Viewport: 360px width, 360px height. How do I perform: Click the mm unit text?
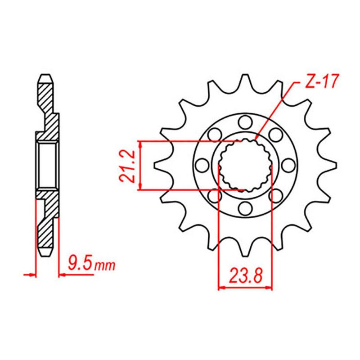click(104, 265)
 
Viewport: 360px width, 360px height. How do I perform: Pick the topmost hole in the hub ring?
click(245, 121)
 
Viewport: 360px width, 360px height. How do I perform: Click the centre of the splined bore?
click(245, 165)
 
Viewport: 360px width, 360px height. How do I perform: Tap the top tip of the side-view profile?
click(46, 76)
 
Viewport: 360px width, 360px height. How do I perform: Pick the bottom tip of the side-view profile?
click(46, 254)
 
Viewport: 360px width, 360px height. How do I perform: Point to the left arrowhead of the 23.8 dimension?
click(221, 287)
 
